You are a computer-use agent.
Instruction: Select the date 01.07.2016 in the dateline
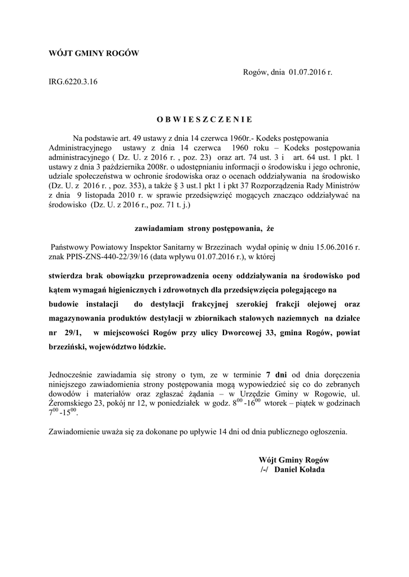pos(310,72)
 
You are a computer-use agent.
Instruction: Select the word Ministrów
pos(341,184)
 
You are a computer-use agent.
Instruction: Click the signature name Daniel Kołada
pos(301,469)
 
